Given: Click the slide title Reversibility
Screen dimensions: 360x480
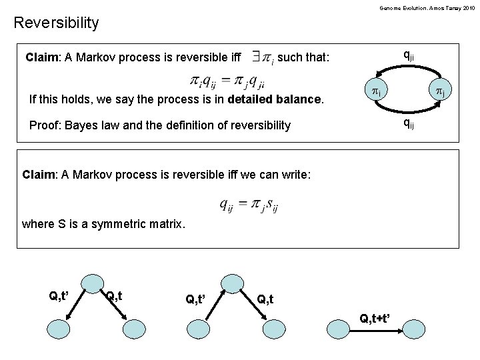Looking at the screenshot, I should pos(56,23).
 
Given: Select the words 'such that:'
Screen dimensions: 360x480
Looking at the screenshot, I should pos(303,57).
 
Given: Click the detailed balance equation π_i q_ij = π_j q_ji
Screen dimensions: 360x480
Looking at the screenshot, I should pos(227,82).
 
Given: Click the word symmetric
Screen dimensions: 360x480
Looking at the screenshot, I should pos(126,224).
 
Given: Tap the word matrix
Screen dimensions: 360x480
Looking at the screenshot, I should pos(166,224).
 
